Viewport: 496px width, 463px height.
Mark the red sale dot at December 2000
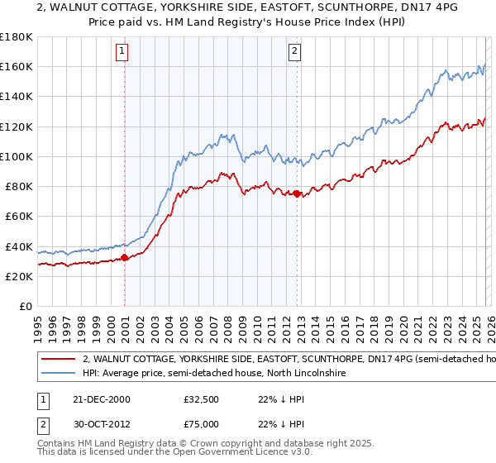pyautogui.click(x=125, y=257)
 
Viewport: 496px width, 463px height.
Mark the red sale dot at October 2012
pyautogui.click(x=298, y=193)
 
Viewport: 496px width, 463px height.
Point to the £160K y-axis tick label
pyautogui.click(x=16, y=66)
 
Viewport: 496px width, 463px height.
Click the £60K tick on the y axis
pyautogui.click(x=18, y=216)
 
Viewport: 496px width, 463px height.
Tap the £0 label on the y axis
pyautogui.click(x=26, y=306)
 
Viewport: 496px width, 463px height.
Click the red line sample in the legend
pyautogui.click(x=57, y=360)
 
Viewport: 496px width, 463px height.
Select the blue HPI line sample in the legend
pyautogui.click(x=57, y=375)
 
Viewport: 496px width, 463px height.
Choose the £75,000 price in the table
pyautogui.click(x=202, y=424)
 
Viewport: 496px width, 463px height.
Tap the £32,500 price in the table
pyautogui.click(x=202, y=399)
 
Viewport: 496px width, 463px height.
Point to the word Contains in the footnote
pyautogui.click(x=58, y=446)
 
